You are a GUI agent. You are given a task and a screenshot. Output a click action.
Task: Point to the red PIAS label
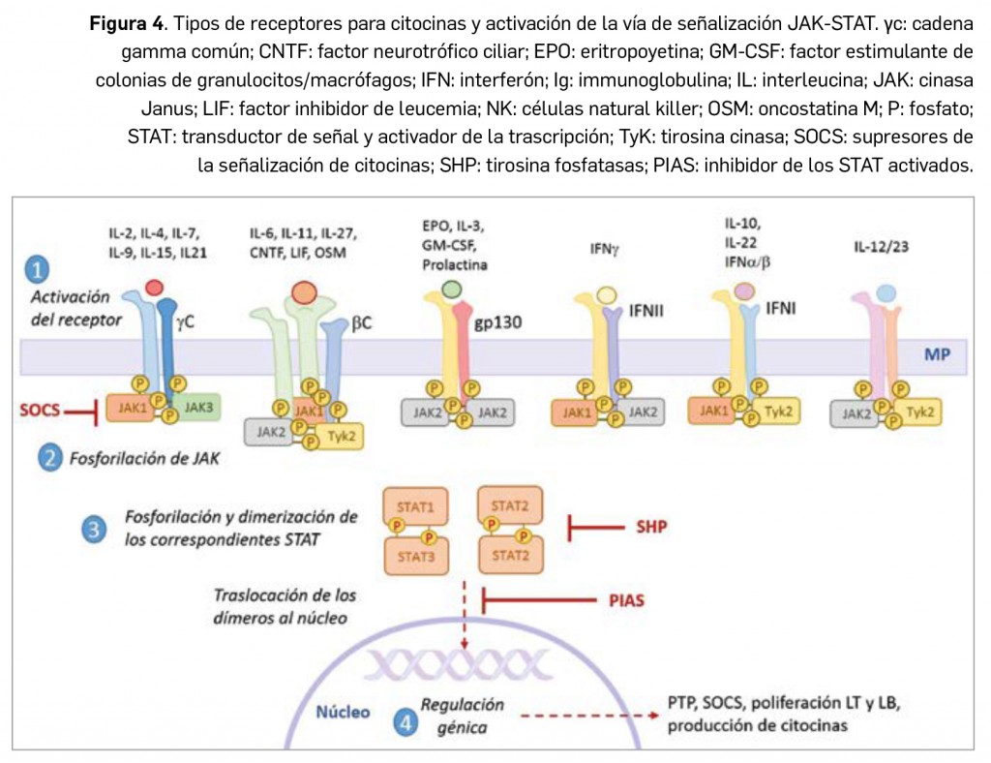pos(627,600)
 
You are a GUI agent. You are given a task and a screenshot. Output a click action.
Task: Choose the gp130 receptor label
pos(498,322)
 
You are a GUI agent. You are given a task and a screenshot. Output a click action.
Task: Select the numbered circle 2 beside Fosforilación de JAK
pos(51,457)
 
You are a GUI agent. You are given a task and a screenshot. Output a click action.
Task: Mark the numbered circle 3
pos(94,528)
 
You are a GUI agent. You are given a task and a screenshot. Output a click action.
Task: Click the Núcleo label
pos(344,713)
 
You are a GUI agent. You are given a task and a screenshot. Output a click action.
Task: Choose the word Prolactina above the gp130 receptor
pos(455,264)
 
